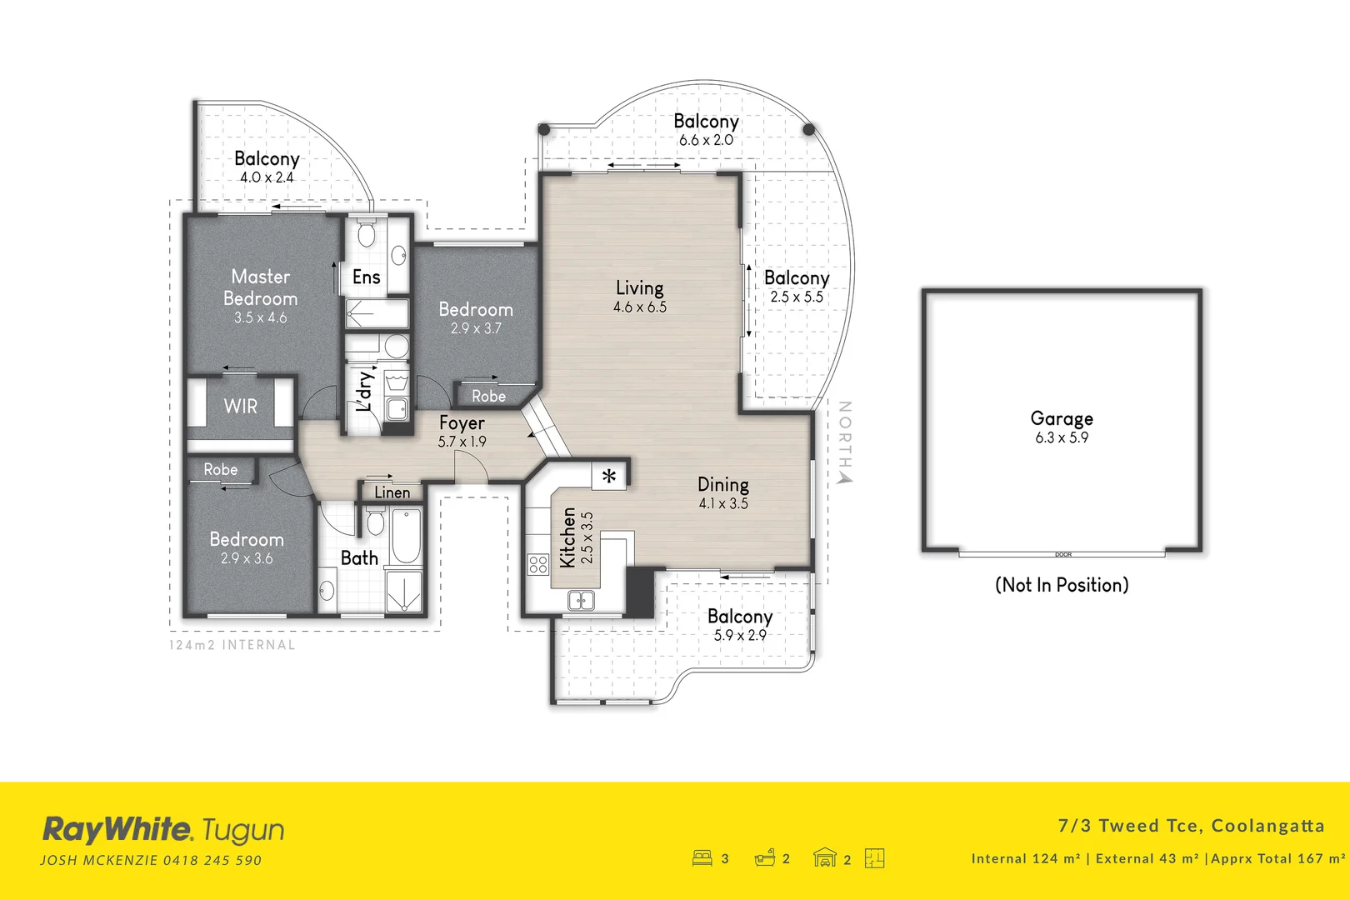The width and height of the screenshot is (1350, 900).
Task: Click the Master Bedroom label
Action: click(x=260, y=287)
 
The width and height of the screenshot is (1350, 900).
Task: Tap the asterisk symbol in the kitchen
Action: click(x=609, y=477)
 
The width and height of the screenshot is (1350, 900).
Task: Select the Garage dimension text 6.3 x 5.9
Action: click(x=1062, y=437)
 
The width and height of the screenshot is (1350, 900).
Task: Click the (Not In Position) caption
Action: click(x=1062, y=585)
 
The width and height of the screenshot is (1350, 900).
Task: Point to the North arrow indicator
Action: click(x=845, y=477)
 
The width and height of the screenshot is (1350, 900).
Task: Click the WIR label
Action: click(x=241, y=407)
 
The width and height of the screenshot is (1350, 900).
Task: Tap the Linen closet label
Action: click(x=392, y=492)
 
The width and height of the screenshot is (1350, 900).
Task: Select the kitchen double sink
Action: click(x=581, y=599)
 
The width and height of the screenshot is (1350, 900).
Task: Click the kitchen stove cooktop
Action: click(x=537, y=564)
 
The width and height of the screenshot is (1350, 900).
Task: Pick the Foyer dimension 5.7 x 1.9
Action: click(x=462, y=442)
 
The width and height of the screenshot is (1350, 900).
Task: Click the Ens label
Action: click(x=367, y=277)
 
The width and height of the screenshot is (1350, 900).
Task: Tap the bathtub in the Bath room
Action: click(x=406, y=534)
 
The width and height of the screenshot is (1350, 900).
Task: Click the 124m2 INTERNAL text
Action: click(x=232, y=645)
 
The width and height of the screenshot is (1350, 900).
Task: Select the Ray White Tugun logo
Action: click(x=163, y=830)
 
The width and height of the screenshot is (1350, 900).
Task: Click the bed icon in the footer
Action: click(x=702, y=857)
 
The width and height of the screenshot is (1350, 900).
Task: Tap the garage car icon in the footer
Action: click(x=824, y=857)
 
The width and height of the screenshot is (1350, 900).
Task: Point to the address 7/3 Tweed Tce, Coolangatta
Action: click(x=1191, y=826)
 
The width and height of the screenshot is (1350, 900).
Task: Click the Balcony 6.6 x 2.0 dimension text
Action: click(x=706, y=141)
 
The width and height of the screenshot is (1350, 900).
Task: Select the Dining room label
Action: click(x=722, y=484)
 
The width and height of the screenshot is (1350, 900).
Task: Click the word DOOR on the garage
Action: click(x=1063, y=554)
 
